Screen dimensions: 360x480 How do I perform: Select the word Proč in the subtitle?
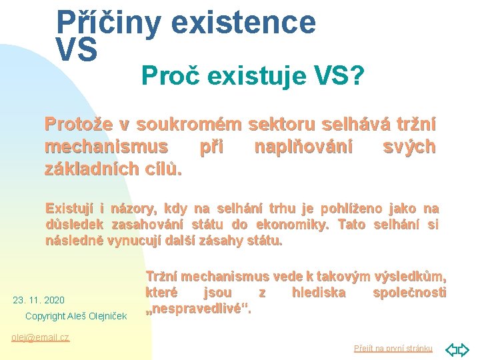pyautogui.click(x=170, y=78)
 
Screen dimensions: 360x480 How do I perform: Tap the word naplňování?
pyautogui.click(x=303, y=146)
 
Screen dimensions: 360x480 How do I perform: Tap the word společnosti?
pyautogui.click(x=409, y=293)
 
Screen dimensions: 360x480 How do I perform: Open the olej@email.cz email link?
pyautogui.click(x=41, y=337)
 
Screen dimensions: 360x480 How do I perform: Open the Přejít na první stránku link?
pyautogui.click(x=393, y=349)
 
